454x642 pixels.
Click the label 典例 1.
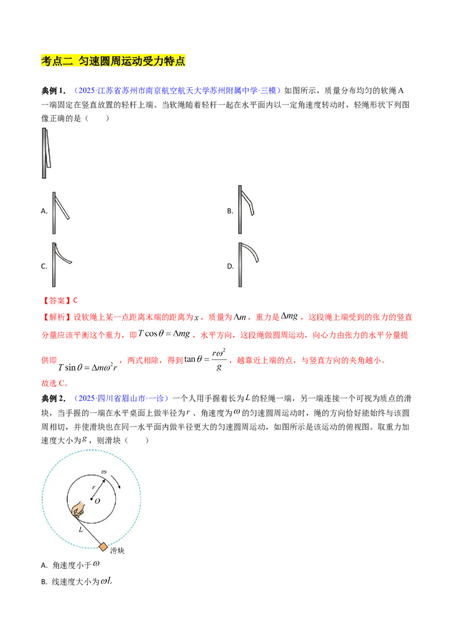coord(53,91)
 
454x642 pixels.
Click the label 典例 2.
coord(53,398)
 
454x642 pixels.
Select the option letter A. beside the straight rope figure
coord(44,212)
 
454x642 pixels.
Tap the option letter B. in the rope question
coord(230,212)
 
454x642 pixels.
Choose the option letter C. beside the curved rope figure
coord(44,267)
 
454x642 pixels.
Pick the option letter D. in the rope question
coord(230,267)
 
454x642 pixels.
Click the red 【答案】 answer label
coord(54,301)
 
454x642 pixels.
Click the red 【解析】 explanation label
coord(54,318)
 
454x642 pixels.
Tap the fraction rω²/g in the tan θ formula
coord(219,360)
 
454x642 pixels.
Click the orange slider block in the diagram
coord(103,547)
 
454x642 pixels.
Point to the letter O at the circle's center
coord(97,501)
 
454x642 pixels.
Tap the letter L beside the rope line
coord(81,530)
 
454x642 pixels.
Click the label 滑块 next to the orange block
coord(117,551)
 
